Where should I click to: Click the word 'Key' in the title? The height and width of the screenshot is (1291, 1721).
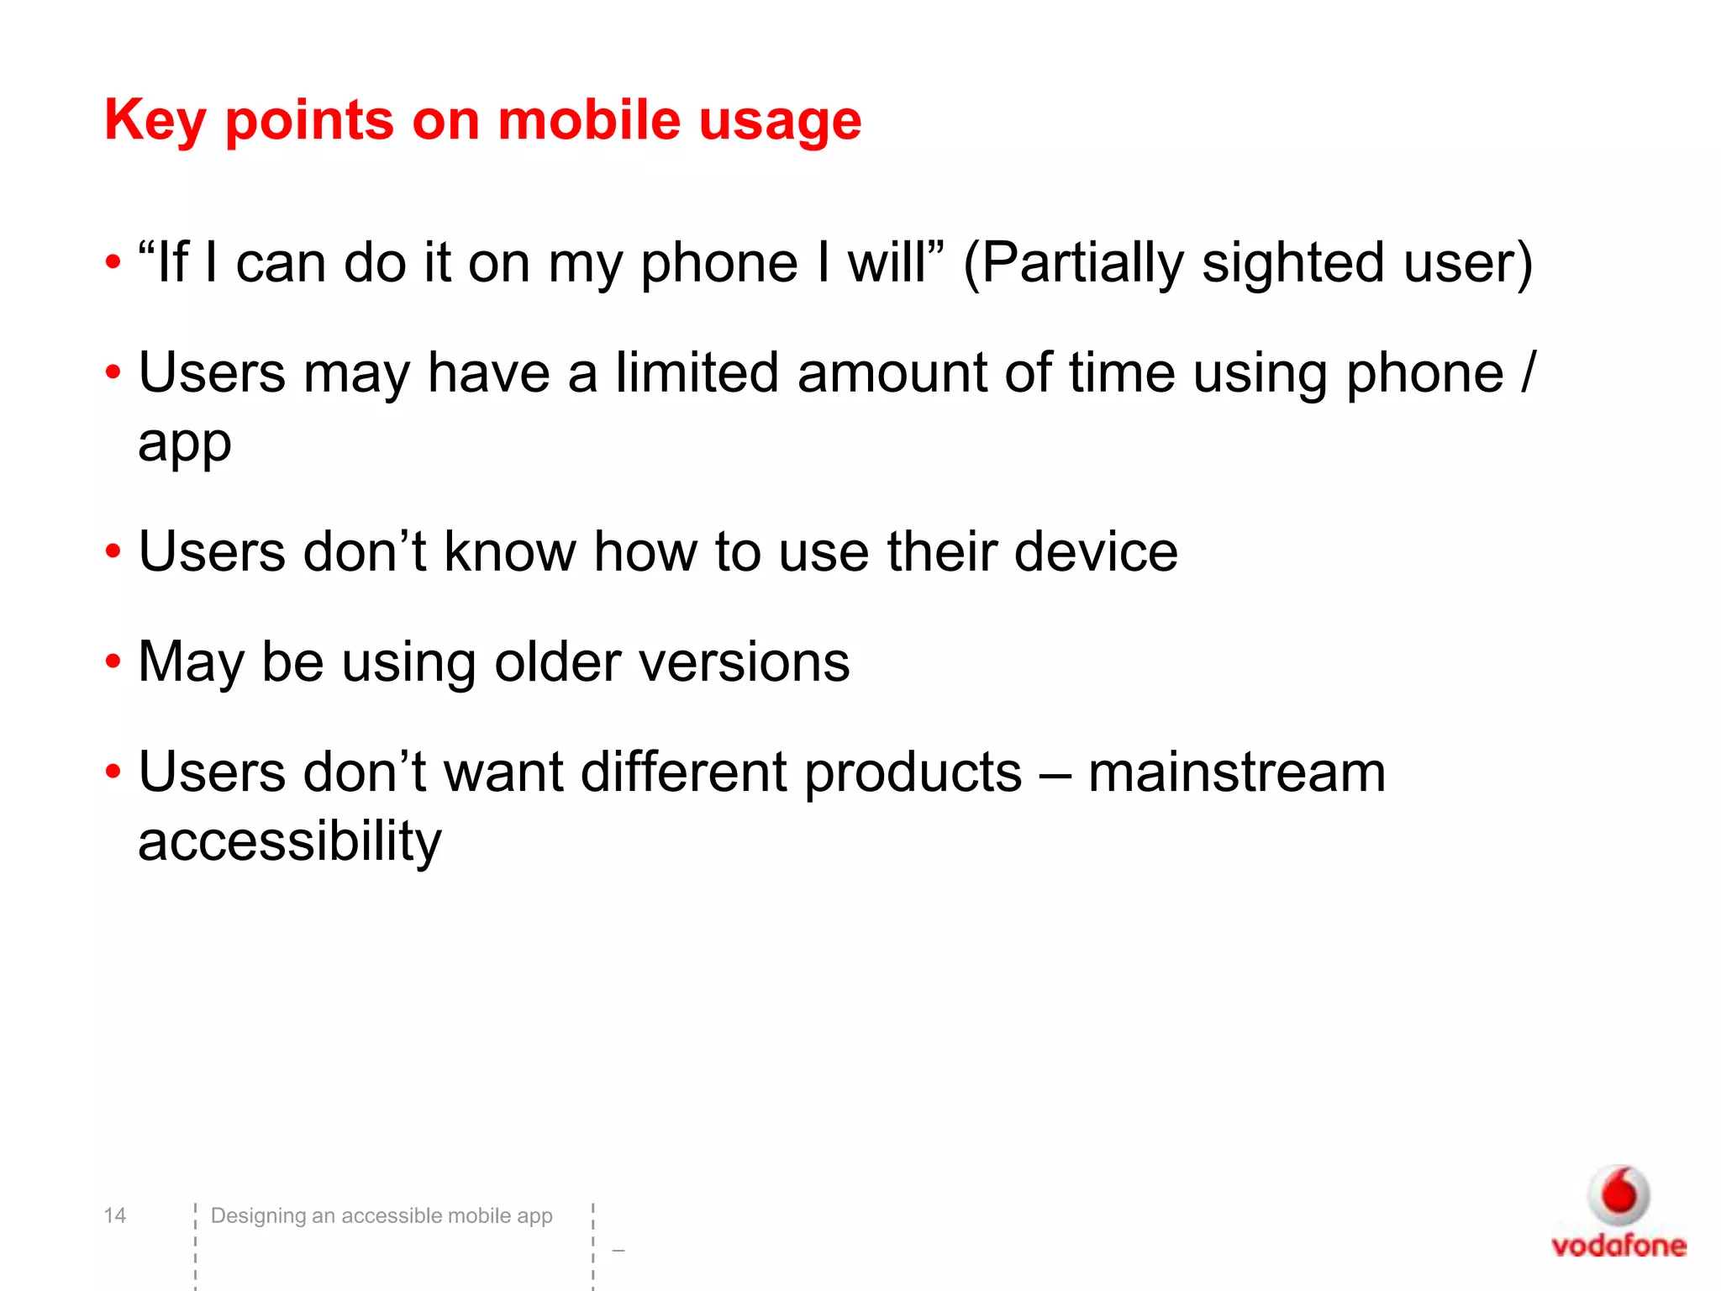click(155, 121)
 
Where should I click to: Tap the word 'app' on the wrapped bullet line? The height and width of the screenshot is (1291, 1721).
click(185, 444)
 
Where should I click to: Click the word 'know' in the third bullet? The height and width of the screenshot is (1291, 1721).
click(509, 552)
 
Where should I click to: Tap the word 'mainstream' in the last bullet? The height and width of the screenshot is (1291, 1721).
click(1236, 772)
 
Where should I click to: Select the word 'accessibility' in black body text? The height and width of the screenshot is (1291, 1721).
click(290, 842)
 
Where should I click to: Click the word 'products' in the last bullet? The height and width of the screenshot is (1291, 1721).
click(913, 773)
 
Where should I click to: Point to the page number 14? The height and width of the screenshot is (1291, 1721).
click(114, 1215)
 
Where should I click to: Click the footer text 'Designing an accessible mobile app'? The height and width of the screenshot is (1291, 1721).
click(382, 1215)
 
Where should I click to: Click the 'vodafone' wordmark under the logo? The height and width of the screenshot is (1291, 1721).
click(1618, 1245)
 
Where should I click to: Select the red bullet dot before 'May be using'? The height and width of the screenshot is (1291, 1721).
click(113, 661)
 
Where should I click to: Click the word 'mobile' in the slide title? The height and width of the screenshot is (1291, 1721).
click(588, 121)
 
